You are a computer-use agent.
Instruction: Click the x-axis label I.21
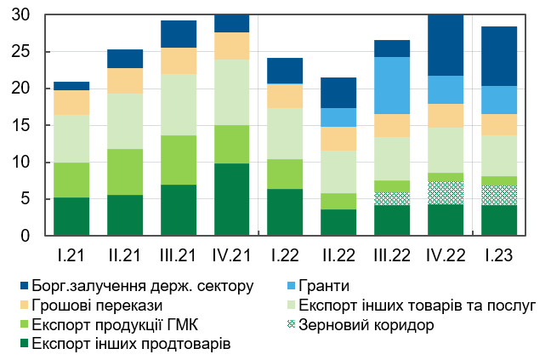coord(71,254)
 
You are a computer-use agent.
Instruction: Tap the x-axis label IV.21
coord(232,254)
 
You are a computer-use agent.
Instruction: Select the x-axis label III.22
coord(391,254)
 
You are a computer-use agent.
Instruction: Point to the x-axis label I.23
coord(499,254)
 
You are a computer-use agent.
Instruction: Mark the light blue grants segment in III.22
coord(392,85)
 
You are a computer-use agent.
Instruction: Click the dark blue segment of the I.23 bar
coord(499,56)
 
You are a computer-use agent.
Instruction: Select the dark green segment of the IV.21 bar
coord(232,199)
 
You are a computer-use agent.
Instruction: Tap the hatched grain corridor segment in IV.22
coord(446,192)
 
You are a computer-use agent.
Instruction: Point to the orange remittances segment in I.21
coord(71,102)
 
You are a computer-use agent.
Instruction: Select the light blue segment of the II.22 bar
coord(338,117)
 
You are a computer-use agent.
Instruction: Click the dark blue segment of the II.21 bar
coord(125,59)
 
